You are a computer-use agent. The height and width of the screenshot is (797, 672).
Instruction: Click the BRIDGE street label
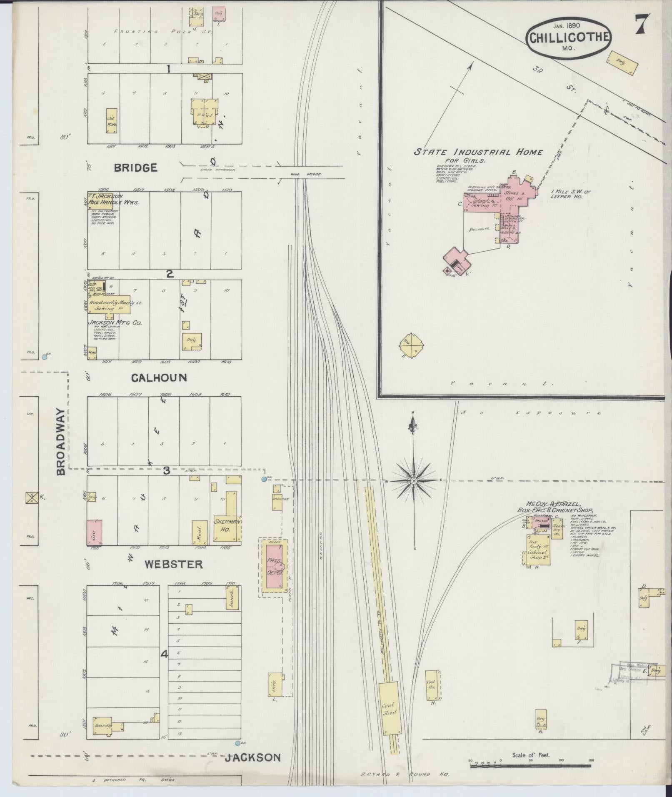pos(136,167)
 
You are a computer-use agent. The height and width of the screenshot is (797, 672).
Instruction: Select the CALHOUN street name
pos(159,377)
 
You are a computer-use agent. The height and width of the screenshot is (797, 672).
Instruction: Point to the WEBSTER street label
pos(174,564)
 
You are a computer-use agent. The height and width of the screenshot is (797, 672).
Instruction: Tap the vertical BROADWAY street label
pos(61,442)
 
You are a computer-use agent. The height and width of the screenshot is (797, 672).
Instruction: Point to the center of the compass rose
pos(413,481)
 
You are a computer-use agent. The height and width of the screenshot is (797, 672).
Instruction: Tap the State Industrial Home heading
pos(478,152)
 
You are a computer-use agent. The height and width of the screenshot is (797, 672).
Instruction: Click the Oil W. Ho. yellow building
pos(111,121)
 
